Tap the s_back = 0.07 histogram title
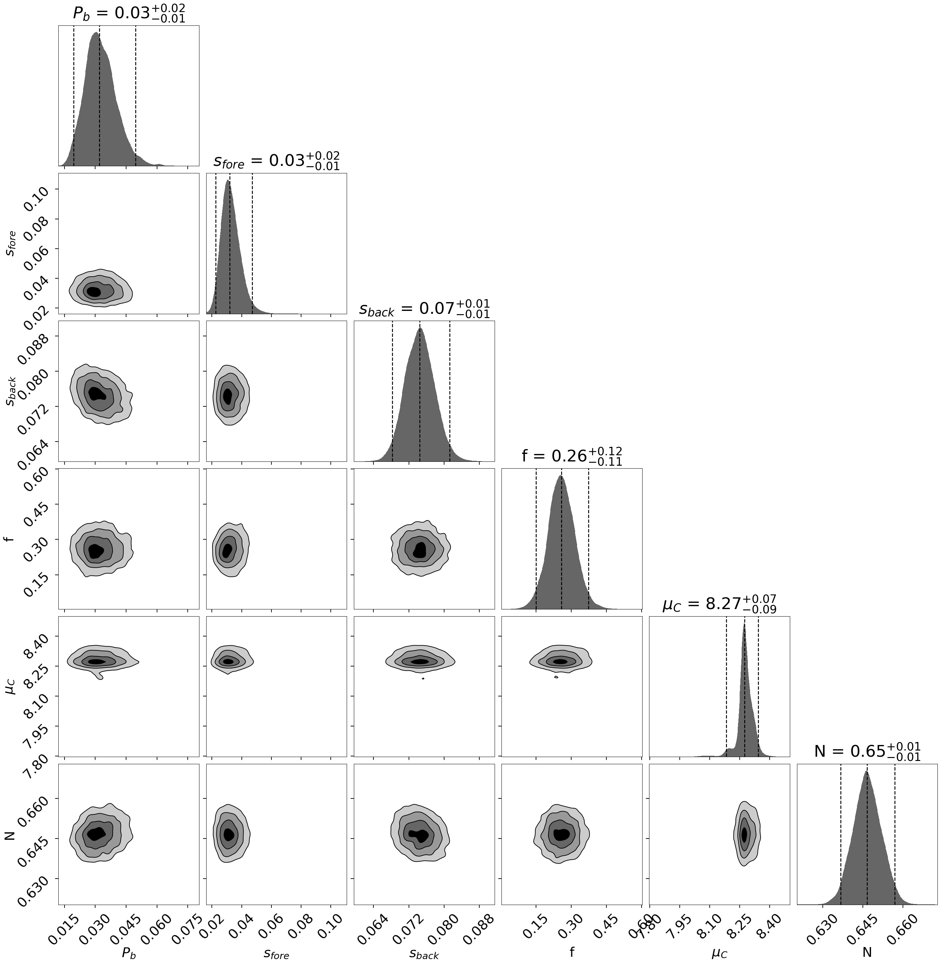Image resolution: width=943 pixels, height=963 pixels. coord(425,309)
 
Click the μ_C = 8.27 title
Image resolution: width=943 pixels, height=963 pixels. coord(719,604)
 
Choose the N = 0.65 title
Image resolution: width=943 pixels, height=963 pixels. coord(867,751)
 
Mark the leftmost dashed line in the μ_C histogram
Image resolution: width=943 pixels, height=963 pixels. coord(726,686)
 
